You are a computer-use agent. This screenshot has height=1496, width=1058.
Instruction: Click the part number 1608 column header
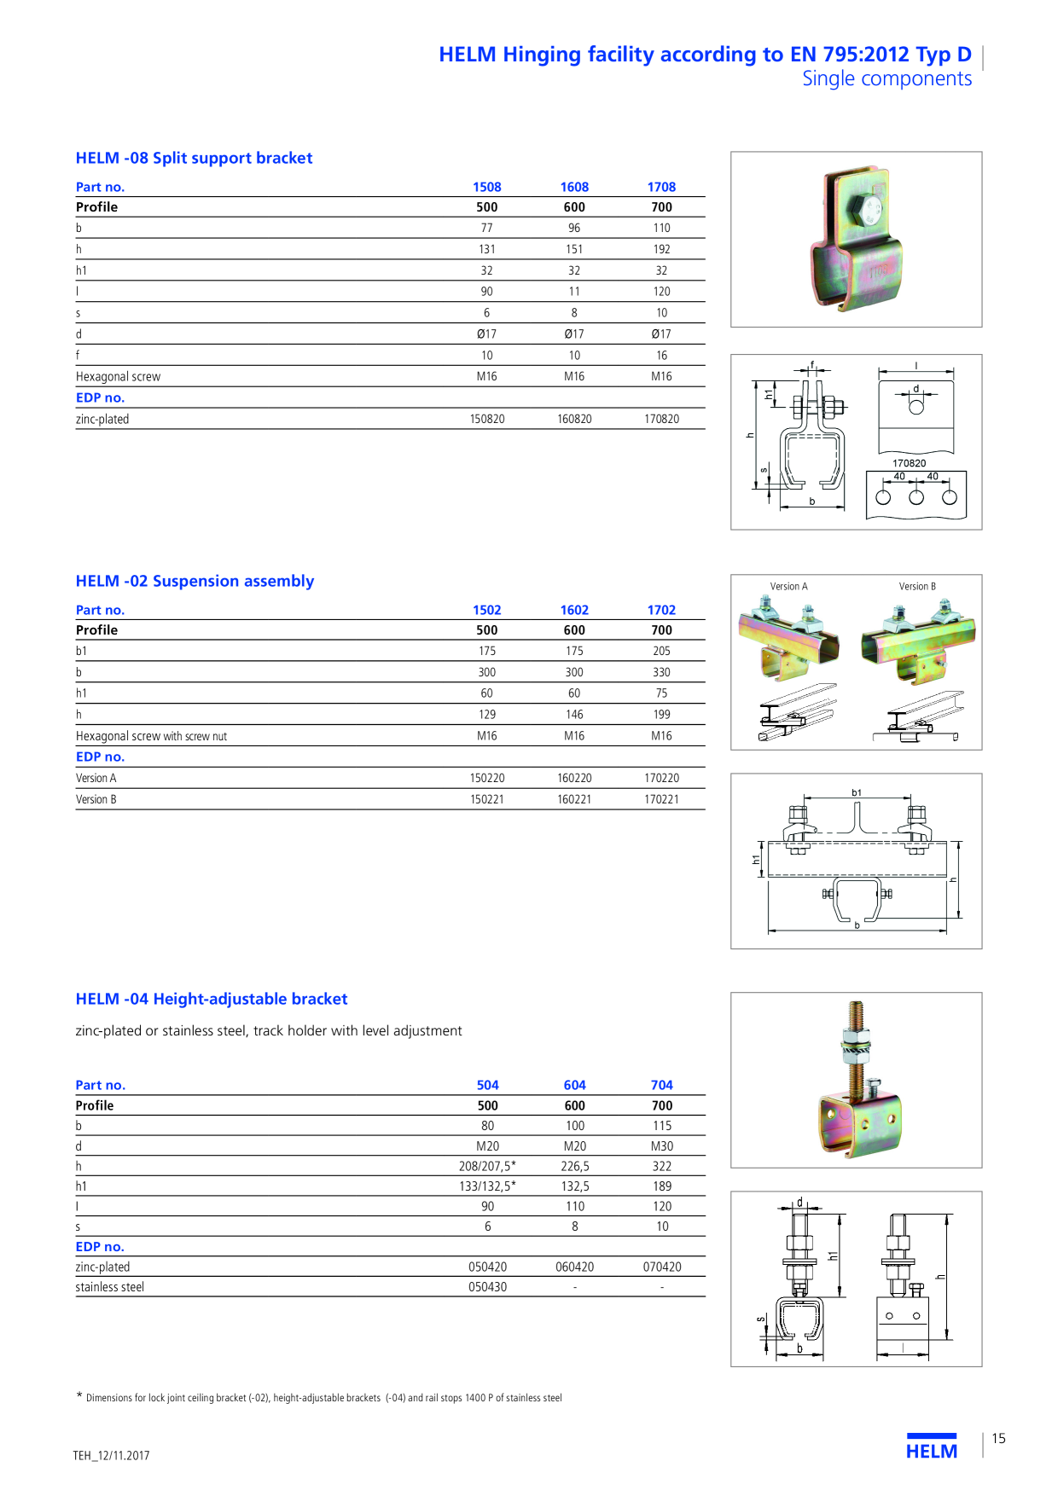click(574, 187)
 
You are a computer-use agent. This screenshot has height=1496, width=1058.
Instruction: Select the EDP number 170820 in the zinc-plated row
click(662, 419)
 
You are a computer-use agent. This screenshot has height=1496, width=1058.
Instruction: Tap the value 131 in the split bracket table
click(486, 249)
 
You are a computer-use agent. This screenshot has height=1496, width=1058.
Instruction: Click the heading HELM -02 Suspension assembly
click(195, 581)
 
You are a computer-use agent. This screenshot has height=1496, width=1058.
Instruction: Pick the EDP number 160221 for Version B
click(574, 799)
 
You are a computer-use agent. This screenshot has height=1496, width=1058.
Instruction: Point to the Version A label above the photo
click(788, 587)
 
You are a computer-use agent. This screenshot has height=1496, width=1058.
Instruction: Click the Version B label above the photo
click(917, 587)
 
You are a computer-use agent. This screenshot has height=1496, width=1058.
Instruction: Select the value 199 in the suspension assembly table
click(662, 715)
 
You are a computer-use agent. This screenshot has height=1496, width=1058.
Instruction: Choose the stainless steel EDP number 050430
click(487, 1287)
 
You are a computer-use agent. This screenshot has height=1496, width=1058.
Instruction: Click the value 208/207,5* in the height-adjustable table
click(487, 1166)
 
